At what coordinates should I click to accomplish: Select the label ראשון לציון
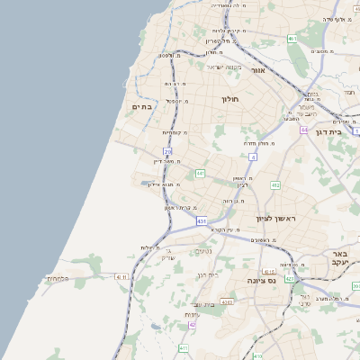tap(275, 218)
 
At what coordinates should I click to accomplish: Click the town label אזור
tap(258, 68)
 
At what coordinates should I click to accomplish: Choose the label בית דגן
tap(330, 131)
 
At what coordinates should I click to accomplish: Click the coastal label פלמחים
tap(58, 279)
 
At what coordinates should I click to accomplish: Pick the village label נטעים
tap(204, 251)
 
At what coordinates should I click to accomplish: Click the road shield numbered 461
tap(292, 39)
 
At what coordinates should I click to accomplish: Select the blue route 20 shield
tap(167, 151)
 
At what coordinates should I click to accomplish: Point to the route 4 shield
tap(254, 157)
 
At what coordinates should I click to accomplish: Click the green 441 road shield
tap(200, 172)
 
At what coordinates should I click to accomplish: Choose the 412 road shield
tap(275, 184)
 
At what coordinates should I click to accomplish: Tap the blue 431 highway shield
tap(202, 220)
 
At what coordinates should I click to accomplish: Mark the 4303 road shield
tap(226, 302)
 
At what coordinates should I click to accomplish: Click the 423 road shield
tap(290, 279)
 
